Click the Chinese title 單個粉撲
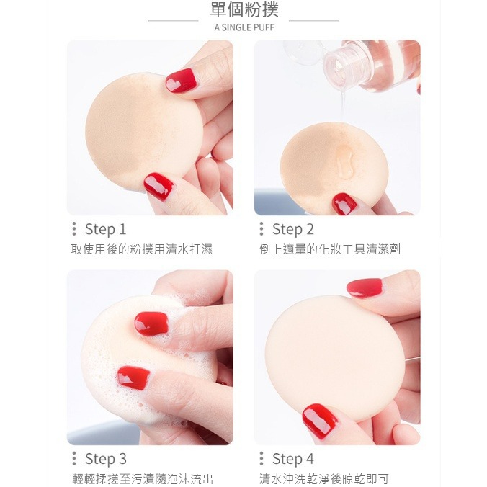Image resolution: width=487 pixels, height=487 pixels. [x=244, y=9]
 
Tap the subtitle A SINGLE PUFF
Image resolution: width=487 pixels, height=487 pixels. [x=244, y=27]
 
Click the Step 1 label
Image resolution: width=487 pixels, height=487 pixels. [x=106, y=229]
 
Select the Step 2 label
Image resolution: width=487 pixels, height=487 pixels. [x=293, y=229]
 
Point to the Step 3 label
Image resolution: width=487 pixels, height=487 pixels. [x=106, y=459]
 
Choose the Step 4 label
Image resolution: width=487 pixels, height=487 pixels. [x=293, y=459]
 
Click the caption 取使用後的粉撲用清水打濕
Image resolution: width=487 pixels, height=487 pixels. [x=142, y=249]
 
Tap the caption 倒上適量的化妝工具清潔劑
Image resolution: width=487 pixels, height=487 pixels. [x=330, y=249]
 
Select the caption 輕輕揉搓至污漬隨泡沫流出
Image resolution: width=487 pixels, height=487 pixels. [x=143, y=478]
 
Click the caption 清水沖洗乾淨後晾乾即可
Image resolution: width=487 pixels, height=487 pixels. [x=324, y=478]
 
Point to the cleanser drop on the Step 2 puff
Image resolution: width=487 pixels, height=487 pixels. [x=345, y=162]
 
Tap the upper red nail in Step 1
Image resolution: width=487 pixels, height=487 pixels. [x=181, y=81]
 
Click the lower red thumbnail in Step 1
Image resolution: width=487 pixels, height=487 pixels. [x=158, y=187]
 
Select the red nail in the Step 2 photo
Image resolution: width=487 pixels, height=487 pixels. [x=344, y=204]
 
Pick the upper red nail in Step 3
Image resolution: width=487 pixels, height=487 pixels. [x=151, y=324]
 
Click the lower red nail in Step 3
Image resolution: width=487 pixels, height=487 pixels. [x=133, y=377]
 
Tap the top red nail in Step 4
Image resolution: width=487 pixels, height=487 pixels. [x=365, y=288]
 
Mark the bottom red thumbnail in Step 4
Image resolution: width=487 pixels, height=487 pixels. [x=320, y=421]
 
